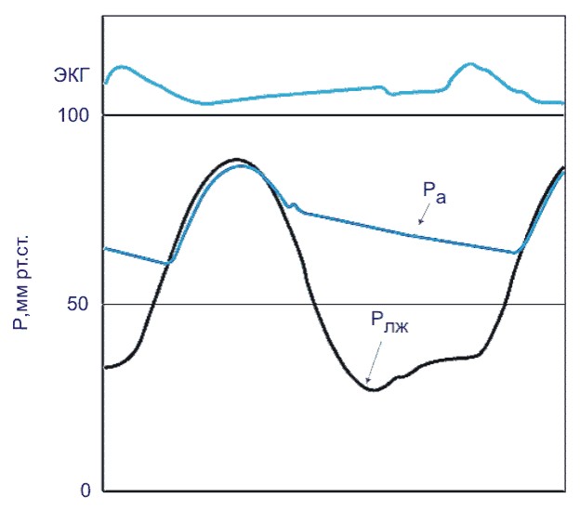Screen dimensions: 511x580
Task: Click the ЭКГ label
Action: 71,77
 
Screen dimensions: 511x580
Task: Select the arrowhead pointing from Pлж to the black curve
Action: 368,381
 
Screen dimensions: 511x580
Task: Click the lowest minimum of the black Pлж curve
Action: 373,390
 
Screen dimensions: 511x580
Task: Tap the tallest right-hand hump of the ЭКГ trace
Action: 470,64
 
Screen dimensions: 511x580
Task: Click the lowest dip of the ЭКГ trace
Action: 206,103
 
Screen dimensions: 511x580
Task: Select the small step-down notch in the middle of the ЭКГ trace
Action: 389,92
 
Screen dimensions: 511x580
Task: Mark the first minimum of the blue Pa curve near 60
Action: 168,264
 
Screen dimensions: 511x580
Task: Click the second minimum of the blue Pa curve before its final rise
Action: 514,252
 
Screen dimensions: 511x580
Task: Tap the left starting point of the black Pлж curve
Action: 105,368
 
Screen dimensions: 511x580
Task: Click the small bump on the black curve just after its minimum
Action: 401,376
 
